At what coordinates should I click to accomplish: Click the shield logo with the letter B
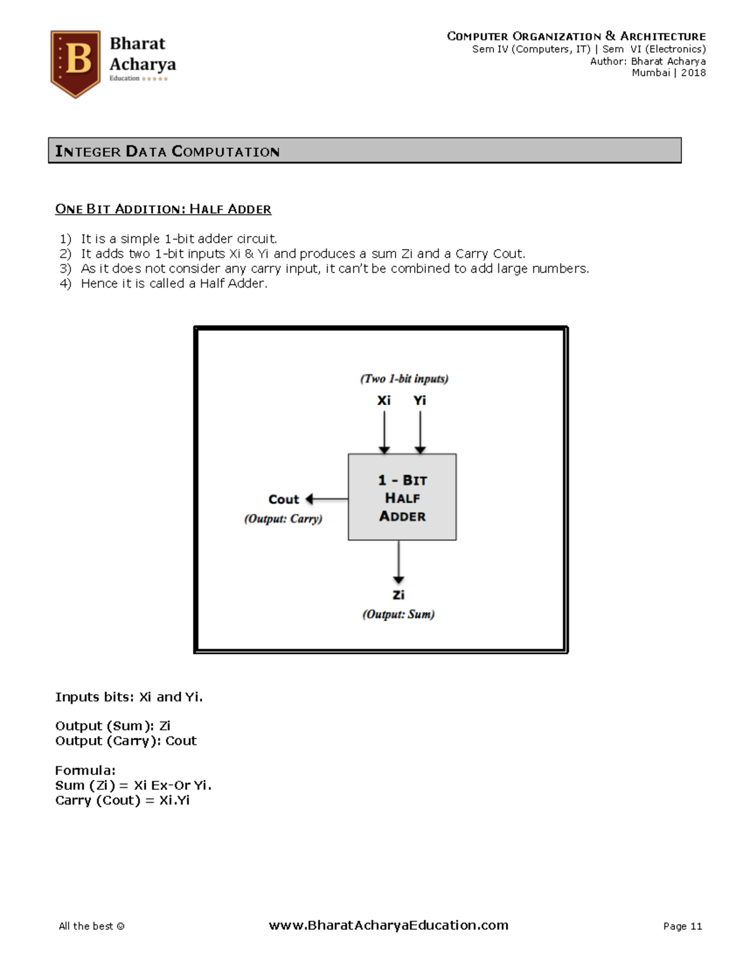click(x=76, y=63)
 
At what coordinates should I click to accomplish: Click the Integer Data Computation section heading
click(x=167, y=151)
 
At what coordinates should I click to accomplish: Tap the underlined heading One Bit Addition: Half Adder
click(x=163, y=209)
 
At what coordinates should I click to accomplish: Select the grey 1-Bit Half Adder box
click(x=402, y=497)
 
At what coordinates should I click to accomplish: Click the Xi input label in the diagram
click(x=384, y=401)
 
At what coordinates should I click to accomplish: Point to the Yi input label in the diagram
click(x=420, y=401)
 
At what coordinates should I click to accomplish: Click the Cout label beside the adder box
click(x=283, y=499)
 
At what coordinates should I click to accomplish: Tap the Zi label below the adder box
click(x=398, y=595)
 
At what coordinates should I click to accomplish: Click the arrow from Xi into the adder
click(x=385, y=432)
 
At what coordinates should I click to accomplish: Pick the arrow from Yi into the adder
click(x=420, y=432)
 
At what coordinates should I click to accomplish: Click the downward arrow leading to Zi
click(x=399, y=561)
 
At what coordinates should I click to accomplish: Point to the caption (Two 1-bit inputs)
click(x=404, y=378)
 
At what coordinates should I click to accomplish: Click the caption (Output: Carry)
click(x=283, y=518)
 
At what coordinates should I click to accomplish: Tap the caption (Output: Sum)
click(x=398, y=614)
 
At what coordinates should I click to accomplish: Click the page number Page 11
click(x=682, y=926)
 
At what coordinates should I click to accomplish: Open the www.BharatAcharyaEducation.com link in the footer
click(x=388, y=925)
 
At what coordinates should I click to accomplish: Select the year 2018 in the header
click(x=693, y=72)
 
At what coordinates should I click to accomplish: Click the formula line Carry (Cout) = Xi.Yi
click(x=122, y=800)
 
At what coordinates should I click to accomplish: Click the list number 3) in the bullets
click(x=65, y=268)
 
